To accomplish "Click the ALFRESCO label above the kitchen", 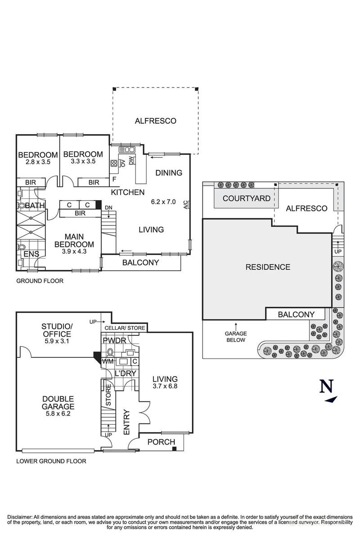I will (155, 121).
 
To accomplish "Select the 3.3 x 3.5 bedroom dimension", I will (83, 162).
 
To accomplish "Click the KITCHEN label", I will (128, 193).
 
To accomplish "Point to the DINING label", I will (169, 173).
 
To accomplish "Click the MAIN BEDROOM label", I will (75, 241).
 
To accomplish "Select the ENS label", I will (32, 254).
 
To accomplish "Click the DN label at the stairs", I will (108, 207).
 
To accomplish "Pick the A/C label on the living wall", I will (185, 205).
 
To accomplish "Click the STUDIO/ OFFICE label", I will (56, 330).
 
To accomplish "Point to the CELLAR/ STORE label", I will (125, 328).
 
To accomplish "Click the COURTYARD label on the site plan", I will (246, 198).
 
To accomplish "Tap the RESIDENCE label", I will (268, 267).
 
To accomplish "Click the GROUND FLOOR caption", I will (40, 281).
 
